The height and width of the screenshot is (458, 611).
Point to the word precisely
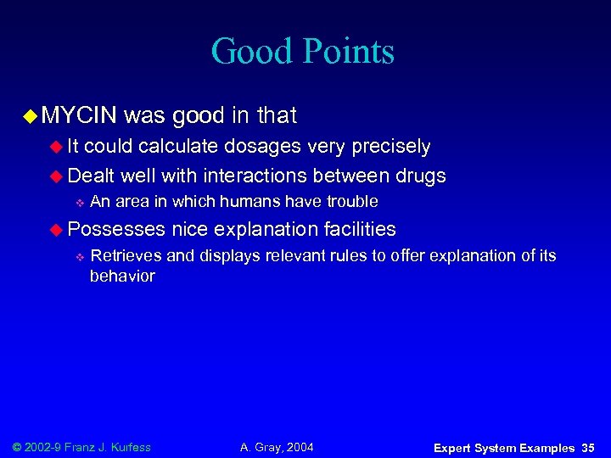(x=387, y=147)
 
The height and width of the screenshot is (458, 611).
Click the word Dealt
(x=92, y=176)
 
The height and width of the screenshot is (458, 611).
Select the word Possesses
(x=116, y=229)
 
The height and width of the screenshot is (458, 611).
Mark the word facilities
(x=360, y=229)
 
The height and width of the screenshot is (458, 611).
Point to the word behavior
(x=122, y=276)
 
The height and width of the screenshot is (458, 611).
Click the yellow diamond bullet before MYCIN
(x=31, y=115)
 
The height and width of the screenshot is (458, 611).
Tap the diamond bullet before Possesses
(x=58, y=230)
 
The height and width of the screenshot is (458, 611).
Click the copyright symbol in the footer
(x=20, y=447)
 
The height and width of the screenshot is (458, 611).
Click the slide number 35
(x=588, y=448)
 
